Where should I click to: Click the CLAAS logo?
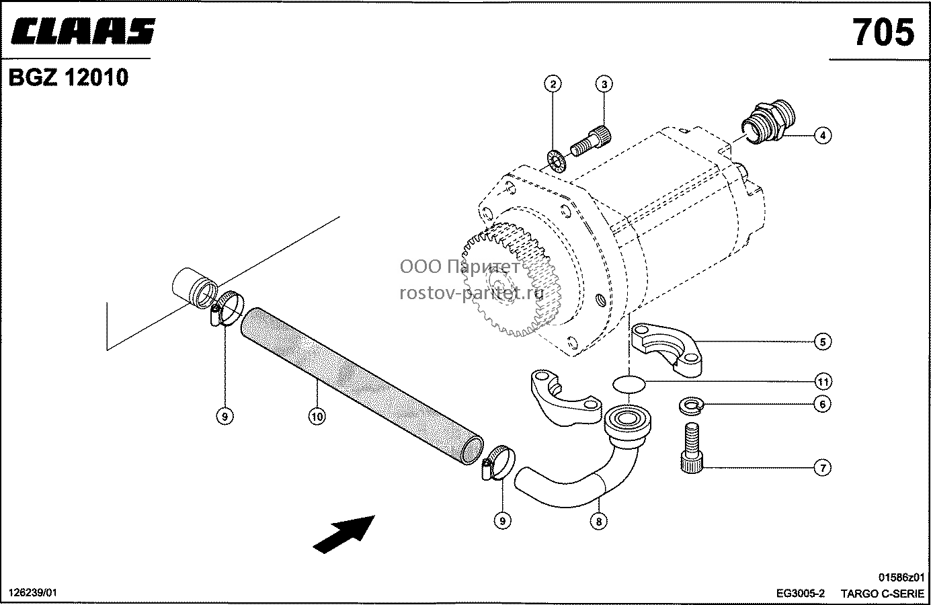click(x=83, y=31)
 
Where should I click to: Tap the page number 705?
click(x=883, y=32)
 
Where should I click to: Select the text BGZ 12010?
click(x=69, y=77)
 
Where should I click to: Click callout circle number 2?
click(x=553, y=84)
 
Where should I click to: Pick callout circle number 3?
click(x=604, y=84)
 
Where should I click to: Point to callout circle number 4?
click(x=823, y=136)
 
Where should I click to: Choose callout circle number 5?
click(x=823, y=342)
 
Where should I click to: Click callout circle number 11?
click(x=823, y=381)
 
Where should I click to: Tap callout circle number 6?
click(x=823, y=404)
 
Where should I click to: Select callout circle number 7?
click(x=823, y=468)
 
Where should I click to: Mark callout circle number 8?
click(x=598, y=522)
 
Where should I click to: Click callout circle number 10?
click(x=317, y=416)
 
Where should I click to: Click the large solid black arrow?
click(x=344, y=534)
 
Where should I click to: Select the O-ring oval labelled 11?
click(x=629, y=384)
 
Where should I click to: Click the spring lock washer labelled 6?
click(x=690, y=405)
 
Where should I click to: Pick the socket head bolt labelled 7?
click(x=692, y=447)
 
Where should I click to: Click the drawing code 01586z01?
click(x=901, y=577)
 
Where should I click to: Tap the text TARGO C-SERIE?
click(x=882, y=594)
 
